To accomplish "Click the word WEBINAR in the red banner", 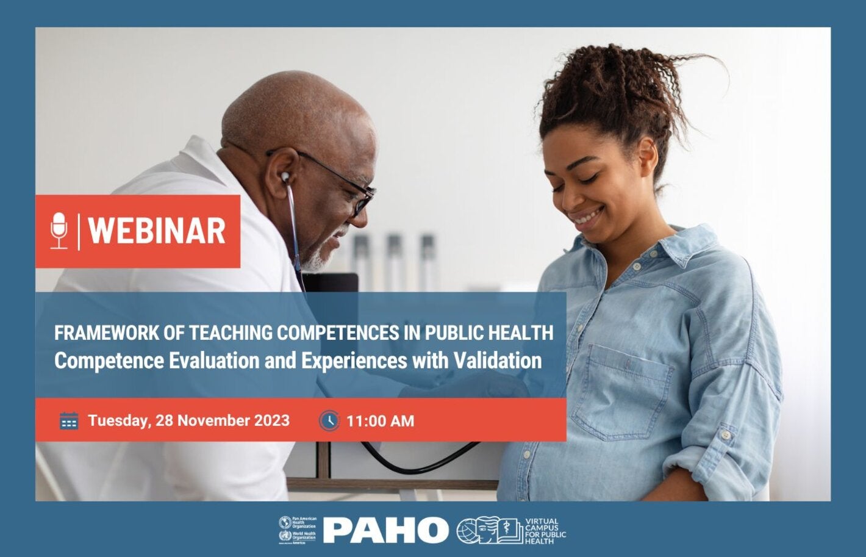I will tap(157, 231).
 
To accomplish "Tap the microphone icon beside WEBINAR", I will tap(59, 231).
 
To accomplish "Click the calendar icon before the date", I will tap(69, 420).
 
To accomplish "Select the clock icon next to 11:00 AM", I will tap(329, 420).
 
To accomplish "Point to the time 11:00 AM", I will tap(380, 421).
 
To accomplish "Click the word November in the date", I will tap(213, 420).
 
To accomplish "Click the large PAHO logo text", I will tap(385, 530).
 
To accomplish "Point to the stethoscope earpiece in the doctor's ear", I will tap(285, 177).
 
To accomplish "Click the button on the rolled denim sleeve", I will tap(725, 436).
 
